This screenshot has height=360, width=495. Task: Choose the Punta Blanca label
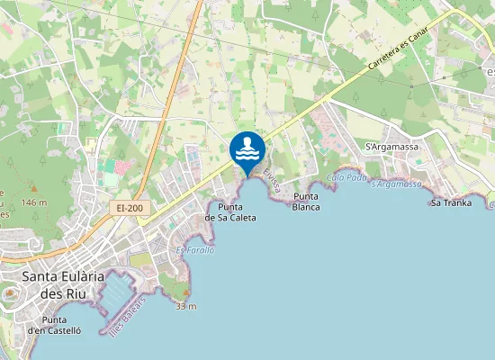[x=306, y=202]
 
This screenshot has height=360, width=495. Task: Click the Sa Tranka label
[x=449, y=202]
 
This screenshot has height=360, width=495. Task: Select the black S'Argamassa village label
[x=387, y=147]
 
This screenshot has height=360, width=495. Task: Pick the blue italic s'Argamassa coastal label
[x=396, y=184]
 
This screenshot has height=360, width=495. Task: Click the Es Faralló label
[x=195, y=250]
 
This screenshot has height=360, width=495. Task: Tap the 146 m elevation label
[x=34, y=203]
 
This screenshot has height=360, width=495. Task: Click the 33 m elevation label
[x=186, y=306]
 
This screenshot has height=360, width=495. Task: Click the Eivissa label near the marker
[x=273, y=180]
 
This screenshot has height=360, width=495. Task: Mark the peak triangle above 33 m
[x=186, y=293]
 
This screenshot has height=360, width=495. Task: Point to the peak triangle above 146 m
[x=33, y=189]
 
